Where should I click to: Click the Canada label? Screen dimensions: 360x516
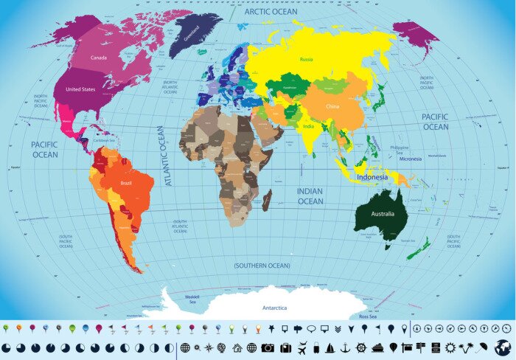click(x=99, y=57)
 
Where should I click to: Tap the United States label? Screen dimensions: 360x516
click(x=80, y=89)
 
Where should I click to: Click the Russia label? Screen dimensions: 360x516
click(x=307, y=58)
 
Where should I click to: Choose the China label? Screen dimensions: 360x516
click(x=332, y=106)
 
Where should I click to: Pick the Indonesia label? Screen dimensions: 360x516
click(x=372, y=177)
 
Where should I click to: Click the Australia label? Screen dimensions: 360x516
click(x=388, y=214)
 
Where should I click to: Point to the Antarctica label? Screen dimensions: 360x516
click(x=275, y=308)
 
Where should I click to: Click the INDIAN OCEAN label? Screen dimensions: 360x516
click(x=310, y=195)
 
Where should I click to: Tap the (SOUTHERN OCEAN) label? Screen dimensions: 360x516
click(x=262, y=265)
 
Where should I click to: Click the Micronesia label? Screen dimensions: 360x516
click(x=411, y=159)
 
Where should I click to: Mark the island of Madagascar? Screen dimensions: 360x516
click(x=267, y=199)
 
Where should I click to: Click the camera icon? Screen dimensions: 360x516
click(x=268, y=347)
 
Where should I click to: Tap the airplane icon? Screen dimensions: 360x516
click(x=302, y=347)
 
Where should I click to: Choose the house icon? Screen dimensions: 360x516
click(x=237, y=347)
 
